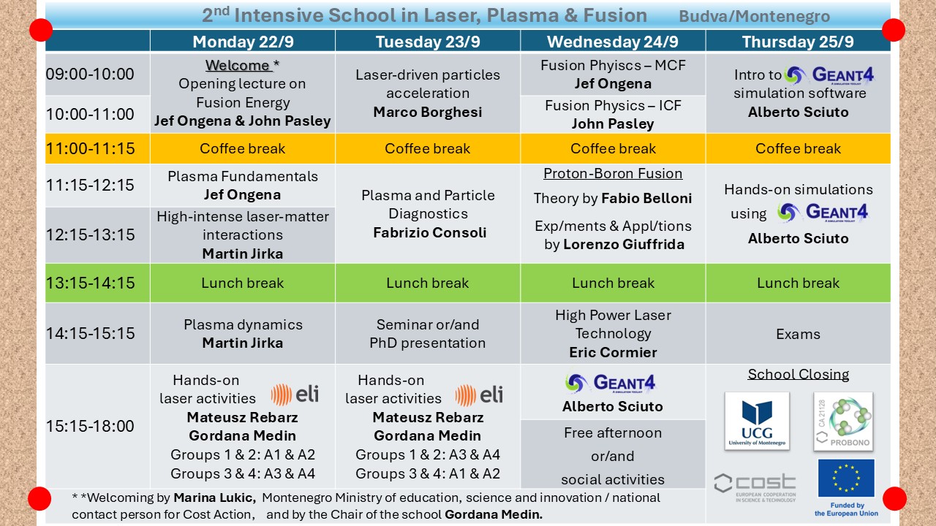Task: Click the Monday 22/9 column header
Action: [242, 42]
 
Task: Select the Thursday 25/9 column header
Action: [798, 42]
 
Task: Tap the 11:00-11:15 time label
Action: [90, 149]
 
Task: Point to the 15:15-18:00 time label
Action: [90, 426]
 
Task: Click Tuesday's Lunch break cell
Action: [428, 283]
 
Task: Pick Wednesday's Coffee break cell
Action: [613, 148]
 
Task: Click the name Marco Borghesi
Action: [428, 112]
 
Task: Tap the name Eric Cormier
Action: [613, 352]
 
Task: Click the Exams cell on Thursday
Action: [798, 334]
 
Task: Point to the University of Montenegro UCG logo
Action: [757, 421]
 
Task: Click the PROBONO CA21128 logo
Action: [843, 421]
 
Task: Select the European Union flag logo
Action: [845, 479]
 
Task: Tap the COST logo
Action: [755, 486]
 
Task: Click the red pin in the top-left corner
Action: [41, 30]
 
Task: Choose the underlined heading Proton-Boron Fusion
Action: [613, 174]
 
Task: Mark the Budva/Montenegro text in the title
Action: [754, 17]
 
